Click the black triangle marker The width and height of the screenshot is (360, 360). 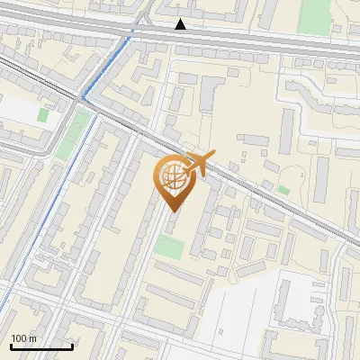click(181, 24)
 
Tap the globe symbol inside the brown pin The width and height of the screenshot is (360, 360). click(173, 177)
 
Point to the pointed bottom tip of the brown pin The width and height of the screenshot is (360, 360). click(173, 211)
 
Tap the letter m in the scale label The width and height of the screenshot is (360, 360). click(33, 338)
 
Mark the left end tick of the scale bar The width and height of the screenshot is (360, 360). click(10, 346)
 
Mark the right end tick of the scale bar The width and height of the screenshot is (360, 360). click(71, 346)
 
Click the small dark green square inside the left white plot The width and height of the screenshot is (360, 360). click(42, 115)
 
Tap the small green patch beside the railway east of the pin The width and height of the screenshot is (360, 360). click(283, 190)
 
